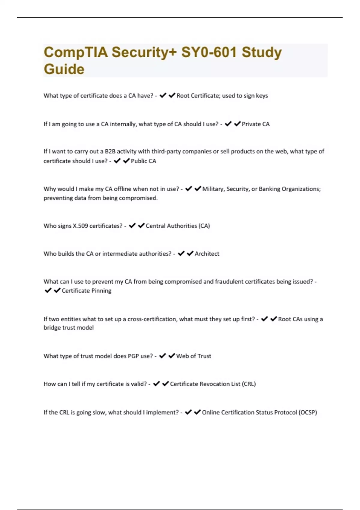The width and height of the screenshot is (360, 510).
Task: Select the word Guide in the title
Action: [x=64, y=69]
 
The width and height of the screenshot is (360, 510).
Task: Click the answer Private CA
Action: [x=256, y=124]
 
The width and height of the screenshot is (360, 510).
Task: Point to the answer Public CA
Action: [x=143, y=161]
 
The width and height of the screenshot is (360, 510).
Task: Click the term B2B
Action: [x=110, y=151]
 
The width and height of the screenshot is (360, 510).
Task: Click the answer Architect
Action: [x=207, y=254]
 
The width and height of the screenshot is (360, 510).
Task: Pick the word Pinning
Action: [x=101, y=291]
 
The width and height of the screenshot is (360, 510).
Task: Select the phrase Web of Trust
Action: [x=193, y=356]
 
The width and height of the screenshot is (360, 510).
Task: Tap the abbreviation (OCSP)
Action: [x=308, y=412]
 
